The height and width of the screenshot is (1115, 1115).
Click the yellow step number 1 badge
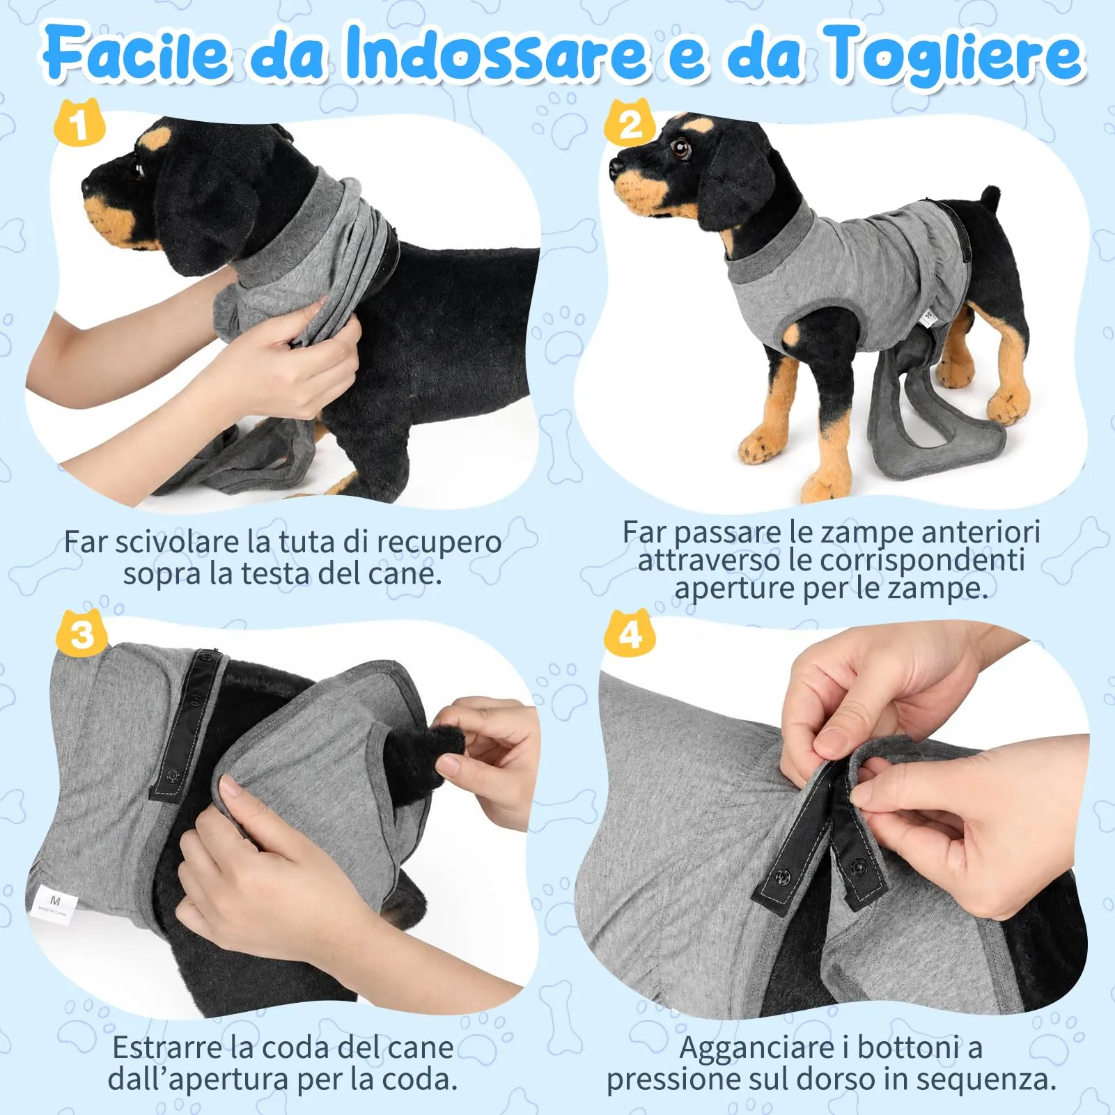(x=79, y=123)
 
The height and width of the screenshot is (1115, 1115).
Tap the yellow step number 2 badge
(x=630, y=123)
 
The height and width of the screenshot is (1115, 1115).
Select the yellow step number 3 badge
(x=82, y=633)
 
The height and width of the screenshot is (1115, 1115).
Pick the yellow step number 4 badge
(x=630, y=632)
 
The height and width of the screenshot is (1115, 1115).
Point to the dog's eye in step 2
(x=680, y=147)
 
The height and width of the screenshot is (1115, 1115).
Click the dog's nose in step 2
(x=616, y=167)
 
